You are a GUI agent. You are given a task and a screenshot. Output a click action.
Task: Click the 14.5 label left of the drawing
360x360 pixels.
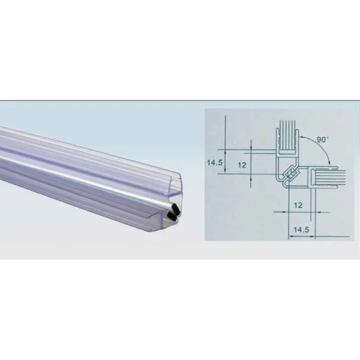point(215,162)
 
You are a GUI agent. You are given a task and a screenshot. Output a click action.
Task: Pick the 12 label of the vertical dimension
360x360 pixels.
point(242,165)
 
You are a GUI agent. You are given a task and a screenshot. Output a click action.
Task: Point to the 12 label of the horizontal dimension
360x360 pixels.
point(297,205)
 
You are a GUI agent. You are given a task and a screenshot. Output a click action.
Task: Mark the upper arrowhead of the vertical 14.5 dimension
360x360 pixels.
point(224,150)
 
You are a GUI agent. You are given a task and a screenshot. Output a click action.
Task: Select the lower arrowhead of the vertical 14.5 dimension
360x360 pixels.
point(224,175)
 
